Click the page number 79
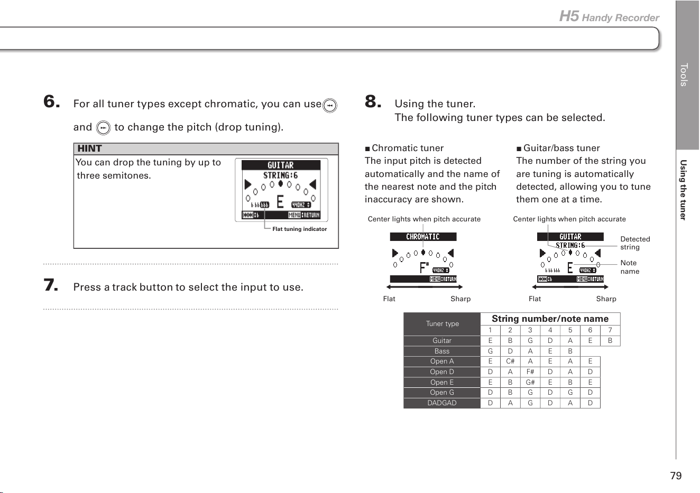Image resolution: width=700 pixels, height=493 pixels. tap(676, 476)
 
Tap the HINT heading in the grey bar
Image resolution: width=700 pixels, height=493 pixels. tap(89, 148)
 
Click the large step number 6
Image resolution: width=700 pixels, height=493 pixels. tap(52, 101)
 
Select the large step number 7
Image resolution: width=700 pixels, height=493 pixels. tap(51, 285)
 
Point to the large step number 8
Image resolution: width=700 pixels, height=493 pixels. tap(373, 101)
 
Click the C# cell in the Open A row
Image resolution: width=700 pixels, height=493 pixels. tap(510, 361)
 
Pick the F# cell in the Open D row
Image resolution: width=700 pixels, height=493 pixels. tap(530, 372)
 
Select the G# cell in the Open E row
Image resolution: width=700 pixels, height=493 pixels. tap(530, 382)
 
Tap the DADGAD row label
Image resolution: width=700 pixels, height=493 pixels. tap(441, 403)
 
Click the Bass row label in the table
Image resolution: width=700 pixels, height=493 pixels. tap(441, 351)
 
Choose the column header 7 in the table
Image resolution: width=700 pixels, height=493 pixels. tap(610, 330)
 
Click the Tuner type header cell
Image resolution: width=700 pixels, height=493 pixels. tap(442, 324)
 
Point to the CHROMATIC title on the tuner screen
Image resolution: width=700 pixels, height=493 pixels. tap(423, 237)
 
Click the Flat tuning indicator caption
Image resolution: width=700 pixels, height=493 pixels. tap(299, 229)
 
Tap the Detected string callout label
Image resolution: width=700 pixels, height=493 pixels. tap(634, 243)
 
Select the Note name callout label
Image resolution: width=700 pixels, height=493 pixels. tap(629, 267)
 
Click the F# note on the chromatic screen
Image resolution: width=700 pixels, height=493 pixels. tap(424, 268)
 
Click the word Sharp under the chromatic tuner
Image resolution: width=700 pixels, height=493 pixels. tap(460, 299)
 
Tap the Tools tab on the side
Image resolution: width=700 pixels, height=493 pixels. tap(684, 75)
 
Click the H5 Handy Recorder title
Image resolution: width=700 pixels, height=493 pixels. tap(609, 16)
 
